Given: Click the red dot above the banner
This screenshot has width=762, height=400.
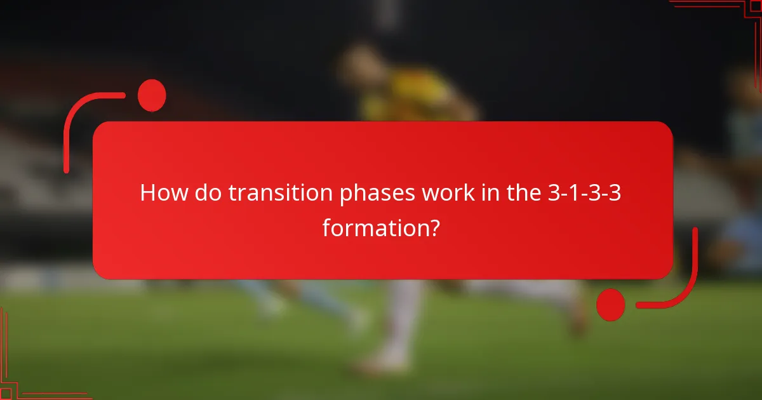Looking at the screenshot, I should click(152, 95).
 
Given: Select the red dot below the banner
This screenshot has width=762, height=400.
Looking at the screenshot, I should click(611, 304).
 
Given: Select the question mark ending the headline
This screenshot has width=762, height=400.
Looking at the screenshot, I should click(434, 227).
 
